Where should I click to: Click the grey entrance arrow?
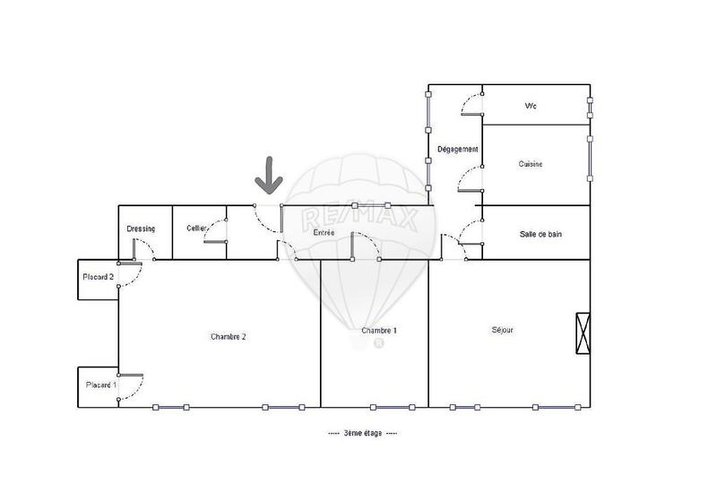click(267, 176)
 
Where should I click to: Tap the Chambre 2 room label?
click(228, 337)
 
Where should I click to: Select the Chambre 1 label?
click(379, 331)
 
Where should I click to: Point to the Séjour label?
click(502, 329)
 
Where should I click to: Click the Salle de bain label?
click(541, 234)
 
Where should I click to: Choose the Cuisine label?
click(531, 164)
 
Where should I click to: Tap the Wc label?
click(531, 107)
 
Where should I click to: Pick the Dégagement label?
click(457, 149)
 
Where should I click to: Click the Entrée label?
click(324, 233)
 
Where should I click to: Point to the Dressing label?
click(142, 229)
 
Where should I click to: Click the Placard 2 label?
click(98, 277)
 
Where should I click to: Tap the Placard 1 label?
click(100, 385)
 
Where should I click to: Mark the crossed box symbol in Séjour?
click(583, 333)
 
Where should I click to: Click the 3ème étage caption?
click(363, 433)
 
